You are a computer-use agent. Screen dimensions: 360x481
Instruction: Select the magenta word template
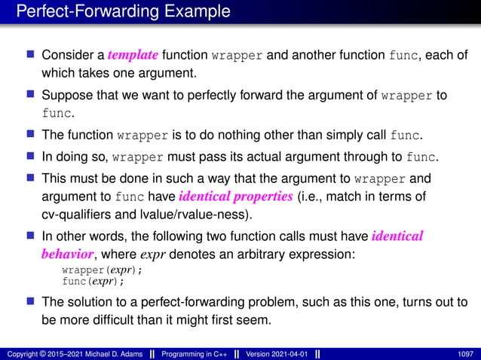(133, 55)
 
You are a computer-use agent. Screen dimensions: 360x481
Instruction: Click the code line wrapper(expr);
(102, 270)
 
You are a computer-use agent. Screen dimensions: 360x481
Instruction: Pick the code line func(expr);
(93, 281)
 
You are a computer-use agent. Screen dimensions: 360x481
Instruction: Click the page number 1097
(467, 353)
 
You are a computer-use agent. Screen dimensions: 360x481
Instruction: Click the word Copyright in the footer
(23, 353)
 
